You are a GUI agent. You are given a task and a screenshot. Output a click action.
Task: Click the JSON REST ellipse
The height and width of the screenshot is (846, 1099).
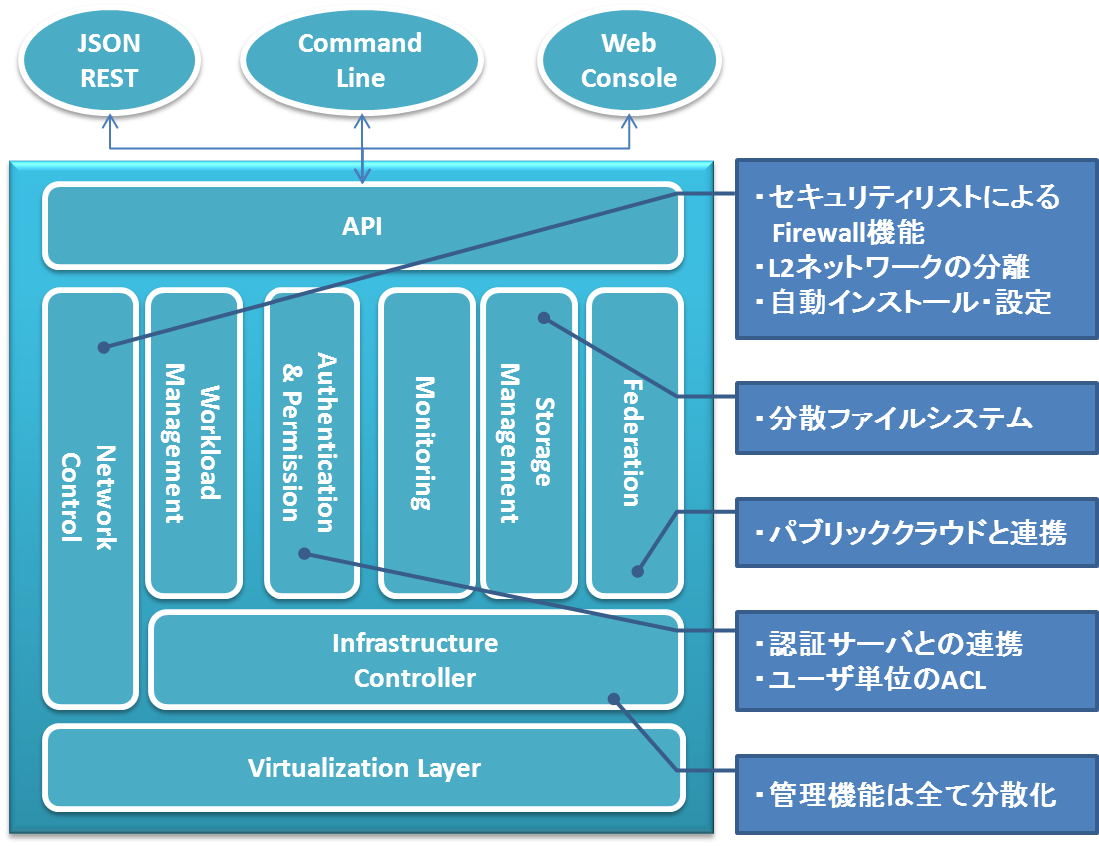109,60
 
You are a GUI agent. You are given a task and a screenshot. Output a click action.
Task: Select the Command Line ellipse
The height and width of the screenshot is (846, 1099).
360,60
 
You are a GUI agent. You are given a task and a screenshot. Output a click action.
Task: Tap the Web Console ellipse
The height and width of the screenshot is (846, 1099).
629,60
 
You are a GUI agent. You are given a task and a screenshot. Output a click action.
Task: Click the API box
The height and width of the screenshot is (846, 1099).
362,226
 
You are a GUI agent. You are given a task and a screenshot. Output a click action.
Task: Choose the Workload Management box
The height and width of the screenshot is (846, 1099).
194,441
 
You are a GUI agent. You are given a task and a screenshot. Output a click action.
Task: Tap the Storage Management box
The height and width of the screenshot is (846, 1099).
528,441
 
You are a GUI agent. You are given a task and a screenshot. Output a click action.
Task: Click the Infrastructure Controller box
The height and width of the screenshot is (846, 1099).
415,660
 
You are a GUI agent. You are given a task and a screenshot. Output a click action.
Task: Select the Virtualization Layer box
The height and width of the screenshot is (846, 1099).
364,768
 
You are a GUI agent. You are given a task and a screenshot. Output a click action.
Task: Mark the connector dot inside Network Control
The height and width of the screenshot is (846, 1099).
103,347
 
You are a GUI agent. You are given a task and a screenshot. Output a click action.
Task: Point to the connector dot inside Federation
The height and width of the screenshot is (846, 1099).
638,572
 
